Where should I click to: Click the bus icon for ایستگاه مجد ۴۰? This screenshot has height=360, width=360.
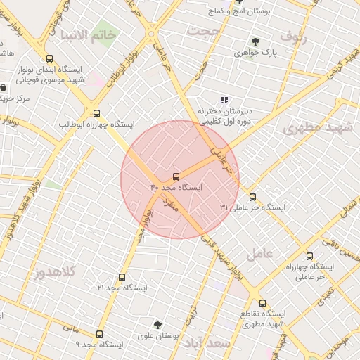(x=176, y=176)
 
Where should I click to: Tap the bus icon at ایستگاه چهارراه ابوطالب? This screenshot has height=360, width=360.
(x=96, y=112)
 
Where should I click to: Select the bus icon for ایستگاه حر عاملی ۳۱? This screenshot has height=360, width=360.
(x=253, y=197)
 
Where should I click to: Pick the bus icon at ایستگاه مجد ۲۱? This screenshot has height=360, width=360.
(x=122, y=278)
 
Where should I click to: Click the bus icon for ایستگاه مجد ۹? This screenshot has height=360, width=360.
(x=98, y=335)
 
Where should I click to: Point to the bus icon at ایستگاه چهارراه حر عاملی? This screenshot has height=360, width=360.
(x=309, y=256)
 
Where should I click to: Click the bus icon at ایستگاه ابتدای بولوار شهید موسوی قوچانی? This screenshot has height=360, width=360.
(x=49, y=59)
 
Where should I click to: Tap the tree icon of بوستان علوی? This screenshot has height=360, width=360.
(x=157, y=325)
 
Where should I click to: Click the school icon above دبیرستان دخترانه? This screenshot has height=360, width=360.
(x=224, y=100)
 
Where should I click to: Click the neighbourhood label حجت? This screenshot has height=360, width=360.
(x=202, y=32)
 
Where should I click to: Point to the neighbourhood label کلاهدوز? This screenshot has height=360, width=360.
(x=55, y=271)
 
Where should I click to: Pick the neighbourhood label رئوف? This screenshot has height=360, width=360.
(x=293, y=34)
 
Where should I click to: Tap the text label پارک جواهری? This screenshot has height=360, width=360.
(x=256, y=53)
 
